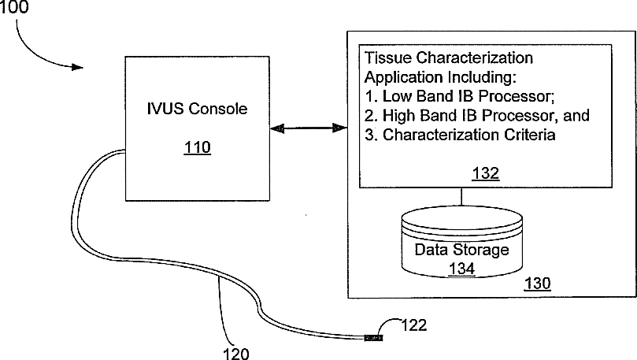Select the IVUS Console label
pyautogui.click(x=197, y=109)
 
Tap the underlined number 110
pyautogui.click(x=197, y=147)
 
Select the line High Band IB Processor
pyautogui.click(x=477, y=116)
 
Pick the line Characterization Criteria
pyautogui.click(x=460, y=135)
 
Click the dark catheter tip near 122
pyautogui.click(x=375, y=338)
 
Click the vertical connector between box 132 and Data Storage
pyautogui.click(x=461, y=198)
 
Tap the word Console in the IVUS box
pyautogui.click(x=220, y=109)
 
